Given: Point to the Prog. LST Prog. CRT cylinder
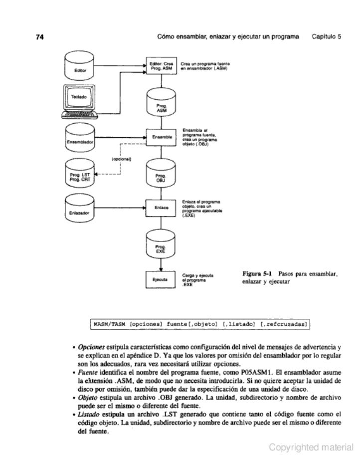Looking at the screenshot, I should pyautogui.click(x=80, y=172).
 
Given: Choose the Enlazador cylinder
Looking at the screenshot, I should pyautogui.click(x=80, y=208).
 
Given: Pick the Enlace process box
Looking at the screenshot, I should pyautogui.click(x=161, y=206).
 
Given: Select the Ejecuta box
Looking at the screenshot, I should pyautogui.click(x=161, y=279).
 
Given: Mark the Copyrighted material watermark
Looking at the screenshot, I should pyautogui.click(x=311, y=448).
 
